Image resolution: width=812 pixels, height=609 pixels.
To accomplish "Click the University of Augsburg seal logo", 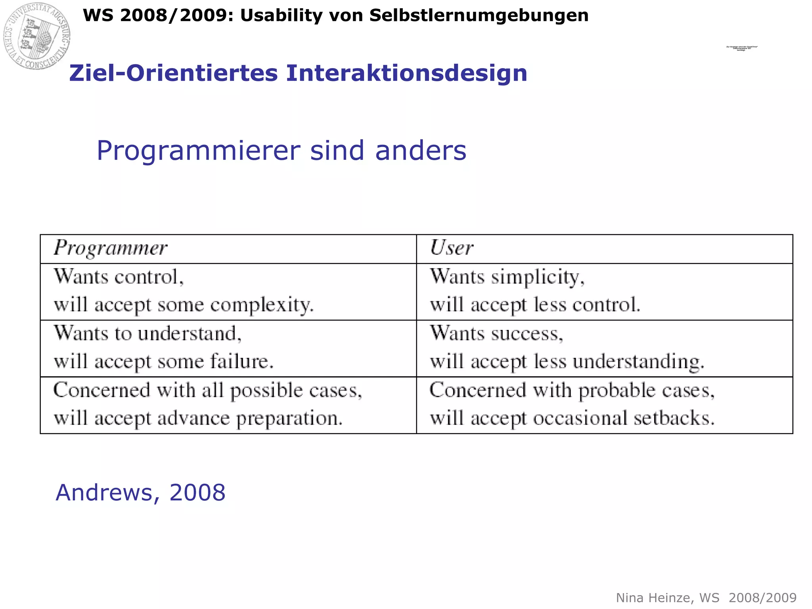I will (x=37, y=36).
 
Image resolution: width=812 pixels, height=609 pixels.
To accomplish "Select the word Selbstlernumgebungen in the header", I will (x=479, y=16).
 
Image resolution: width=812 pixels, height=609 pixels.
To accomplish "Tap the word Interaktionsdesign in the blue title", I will (x=406, y=73).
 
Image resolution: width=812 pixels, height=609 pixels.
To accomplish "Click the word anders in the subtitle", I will (x=421, y=151).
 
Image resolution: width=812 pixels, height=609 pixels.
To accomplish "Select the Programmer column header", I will (x=111, y=249).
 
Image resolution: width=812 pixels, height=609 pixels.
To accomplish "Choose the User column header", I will (x=452, y=248).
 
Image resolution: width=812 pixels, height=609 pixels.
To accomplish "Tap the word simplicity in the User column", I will (x=538, y=277).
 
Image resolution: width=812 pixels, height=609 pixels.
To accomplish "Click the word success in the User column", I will (x=527, y=334).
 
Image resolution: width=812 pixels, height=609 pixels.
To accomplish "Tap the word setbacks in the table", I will (x=674, y=419).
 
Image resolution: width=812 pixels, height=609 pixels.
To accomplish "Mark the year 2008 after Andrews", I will (x=197, y=493).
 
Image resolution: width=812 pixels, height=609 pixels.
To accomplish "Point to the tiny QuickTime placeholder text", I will (x=741, y=48).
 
